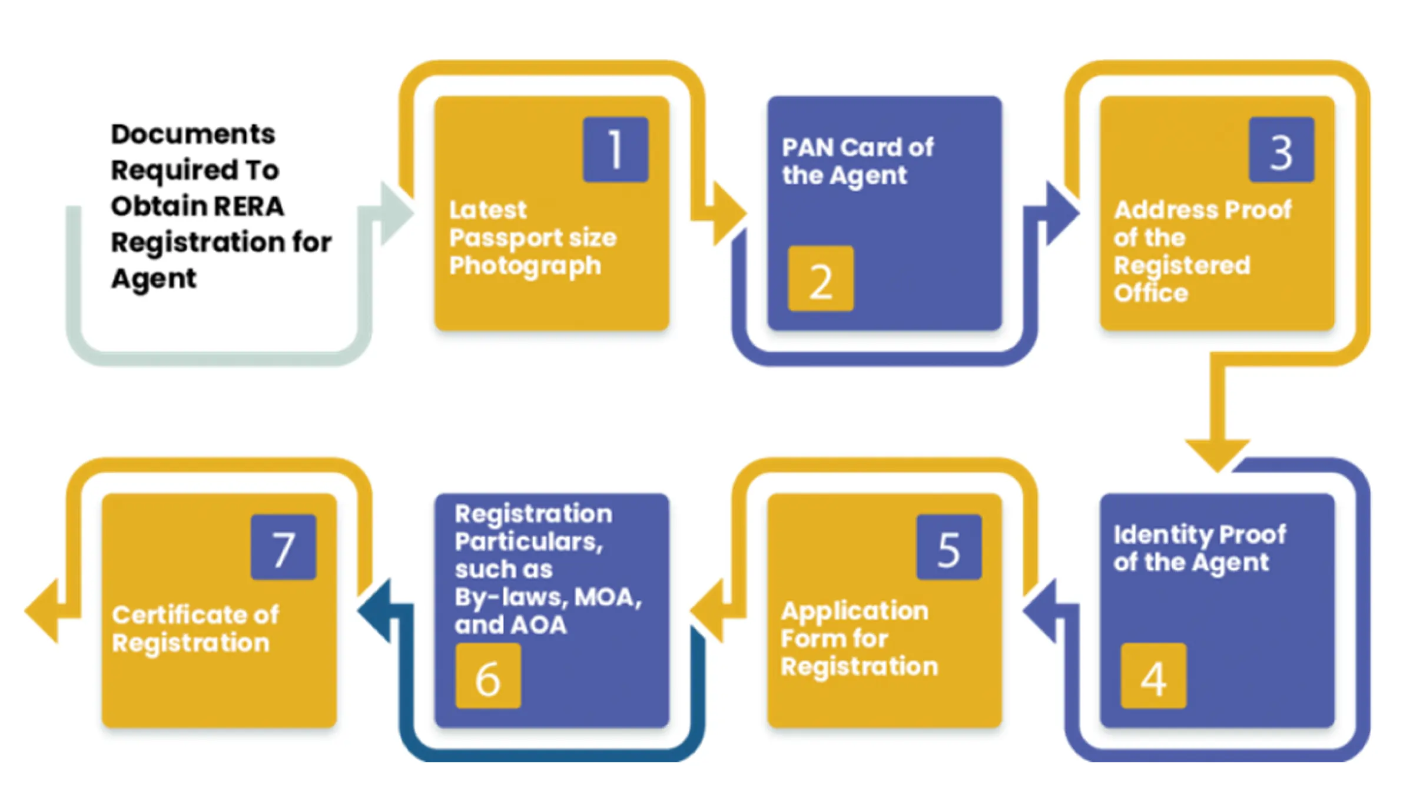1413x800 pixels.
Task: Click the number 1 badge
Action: click(615, 150)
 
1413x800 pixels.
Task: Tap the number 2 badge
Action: click(821, 279)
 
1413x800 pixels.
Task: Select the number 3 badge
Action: click(1281, 150)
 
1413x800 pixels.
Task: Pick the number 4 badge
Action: click(1153, 676)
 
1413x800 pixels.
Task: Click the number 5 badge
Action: click(948, 547)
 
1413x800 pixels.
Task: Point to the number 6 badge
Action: click(487, 676)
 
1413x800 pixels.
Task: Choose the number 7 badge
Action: click(283, 547)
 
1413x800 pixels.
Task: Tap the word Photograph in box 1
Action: click(525, 266)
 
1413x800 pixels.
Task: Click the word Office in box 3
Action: click(1150, 293)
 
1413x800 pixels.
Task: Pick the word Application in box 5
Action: click(854, 611)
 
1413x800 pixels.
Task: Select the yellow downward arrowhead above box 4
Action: click(1217, 454)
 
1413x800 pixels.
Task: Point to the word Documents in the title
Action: click(193, 134)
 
